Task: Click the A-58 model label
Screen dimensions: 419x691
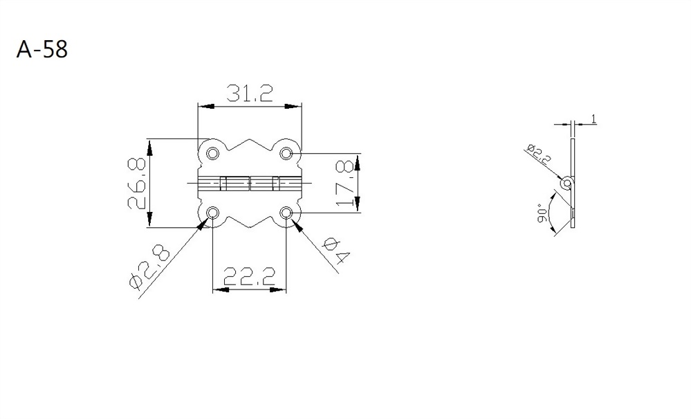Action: click(x=42, y=51)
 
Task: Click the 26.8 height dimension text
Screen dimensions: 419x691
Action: click(x=136, y=184)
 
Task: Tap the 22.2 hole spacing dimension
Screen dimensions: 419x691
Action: click(x=249, y=277)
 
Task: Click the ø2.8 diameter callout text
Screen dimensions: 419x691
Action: click(x=149, y=265)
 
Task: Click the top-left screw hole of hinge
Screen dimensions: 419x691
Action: click(x=213, y=152)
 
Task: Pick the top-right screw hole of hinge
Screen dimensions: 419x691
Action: click(x=287, y=152)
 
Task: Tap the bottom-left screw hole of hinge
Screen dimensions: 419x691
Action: click(x=213, y=212)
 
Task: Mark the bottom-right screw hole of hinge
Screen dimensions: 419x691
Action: click(x=287, y=212)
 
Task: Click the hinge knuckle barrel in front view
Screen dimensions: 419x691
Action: click(x=250, y=183)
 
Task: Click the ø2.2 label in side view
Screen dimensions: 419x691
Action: click(x=539, y=154)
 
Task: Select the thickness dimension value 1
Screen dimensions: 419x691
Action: click(x=593, y=120)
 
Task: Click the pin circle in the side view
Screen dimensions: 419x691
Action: click(x=567, y=184)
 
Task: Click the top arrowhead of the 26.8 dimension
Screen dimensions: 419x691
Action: click(x=149, y=144)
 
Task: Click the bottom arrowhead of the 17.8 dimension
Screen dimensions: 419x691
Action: click(x=358, y=206)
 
